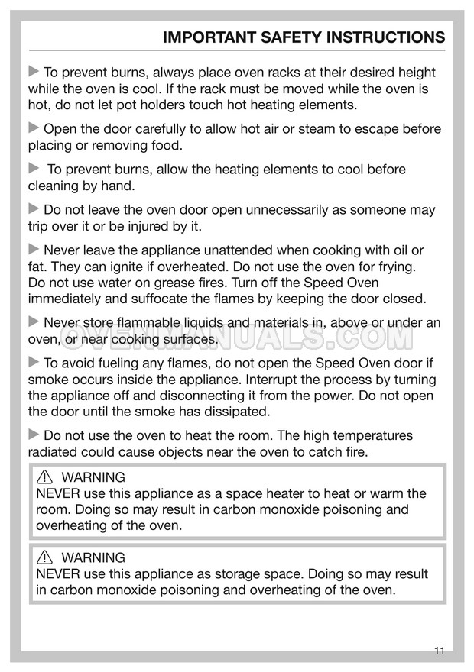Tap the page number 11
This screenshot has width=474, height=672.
pos(439,651)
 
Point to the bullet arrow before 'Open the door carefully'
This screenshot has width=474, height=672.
pos(34,129)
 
